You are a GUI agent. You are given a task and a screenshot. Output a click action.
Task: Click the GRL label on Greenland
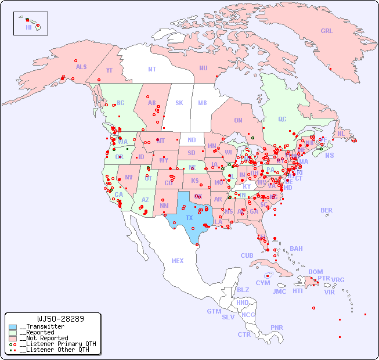(x=327, y=31)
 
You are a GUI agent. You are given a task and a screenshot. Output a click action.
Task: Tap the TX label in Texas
(x=189, y=218)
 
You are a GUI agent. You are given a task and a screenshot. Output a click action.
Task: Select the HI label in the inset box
(x=28, y=27)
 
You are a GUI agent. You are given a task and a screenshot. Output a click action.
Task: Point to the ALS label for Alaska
(x=81, y=67)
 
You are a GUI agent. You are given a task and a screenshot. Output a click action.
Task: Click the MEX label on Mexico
(x=178, y=261)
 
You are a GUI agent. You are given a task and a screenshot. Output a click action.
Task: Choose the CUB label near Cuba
(x=247, y=255)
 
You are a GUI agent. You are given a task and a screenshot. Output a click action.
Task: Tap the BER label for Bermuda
(x=326, y=210)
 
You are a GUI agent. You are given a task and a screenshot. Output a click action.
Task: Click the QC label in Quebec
(x=282, y=119)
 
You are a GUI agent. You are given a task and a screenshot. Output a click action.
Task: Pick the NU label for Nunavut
(x=203, y=68)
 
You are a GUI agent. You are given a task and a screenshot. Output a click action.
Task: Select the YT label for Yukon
(x=109, y=70)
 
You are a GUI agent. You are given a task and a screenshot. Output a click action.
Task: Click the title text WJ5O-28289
(x=60, y=319)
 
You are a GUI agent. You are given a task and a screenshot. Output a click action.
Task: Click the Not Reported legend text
(x=44, y=338)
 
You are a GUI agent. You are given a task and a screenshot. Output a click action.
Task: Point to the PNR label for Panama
(x=277, y=327)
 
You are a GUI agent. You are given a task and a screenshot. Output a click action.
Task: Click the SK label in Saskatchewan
(x=179, y=103)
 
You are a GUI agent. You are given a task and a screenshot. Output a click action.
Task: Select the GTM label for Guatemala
(x=214, y=311)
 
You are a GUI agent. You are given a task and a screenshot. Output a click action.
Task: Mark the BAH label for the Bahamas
(x=296, y=249)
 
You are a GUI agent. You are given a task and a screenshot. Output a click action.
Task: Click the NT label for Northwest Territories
(x=151, y=69)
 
